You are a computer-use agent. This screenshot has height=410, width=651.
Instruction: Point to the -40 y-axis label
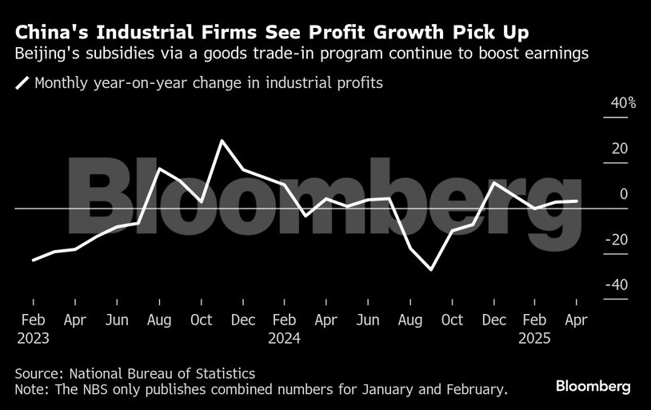point(616,285)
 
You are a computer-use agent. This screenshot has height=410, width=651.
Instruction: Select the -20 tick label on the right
point(616,240)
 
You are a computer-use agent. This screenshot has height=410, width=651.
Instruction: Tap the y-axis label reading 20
point(620,149)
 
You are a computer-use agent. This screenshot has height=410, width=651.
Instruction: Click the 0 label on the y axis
point(624,194)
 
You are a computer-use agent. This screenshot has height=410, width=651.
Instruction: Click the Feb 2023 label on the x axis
point(33,328)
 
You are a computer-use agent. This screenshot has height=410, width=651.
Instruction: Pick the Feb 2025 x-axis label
point(534,328)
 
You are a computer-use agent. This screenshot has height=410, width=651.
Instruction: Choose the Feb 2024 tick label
point(284,328)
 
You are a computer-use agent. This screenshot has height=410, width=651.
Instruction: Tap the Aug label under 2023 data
point(159,320)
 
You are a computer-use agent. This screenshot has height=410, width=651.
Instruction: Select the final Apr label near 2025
point(577,320)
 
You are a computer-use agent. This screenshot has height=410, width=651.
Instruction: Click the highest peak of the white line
point(222,141)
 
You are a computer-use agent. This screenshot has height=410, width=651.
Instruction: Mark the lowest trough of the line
point(432,269)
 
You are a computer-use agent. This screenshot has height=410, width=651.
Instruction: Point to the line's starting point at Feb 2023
point(34,260)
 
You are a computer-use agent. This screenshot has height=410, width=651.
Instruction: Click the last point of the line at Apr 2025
point(577,201)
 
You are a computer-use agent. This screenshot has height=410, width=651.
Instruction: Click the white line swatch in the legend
point(23,82)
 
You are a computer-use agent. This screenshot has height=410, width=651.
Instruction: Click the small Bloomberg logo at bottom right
point(593,387)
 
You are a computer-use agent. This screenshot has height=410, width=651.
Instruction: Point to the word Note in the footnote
point(30,389)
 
